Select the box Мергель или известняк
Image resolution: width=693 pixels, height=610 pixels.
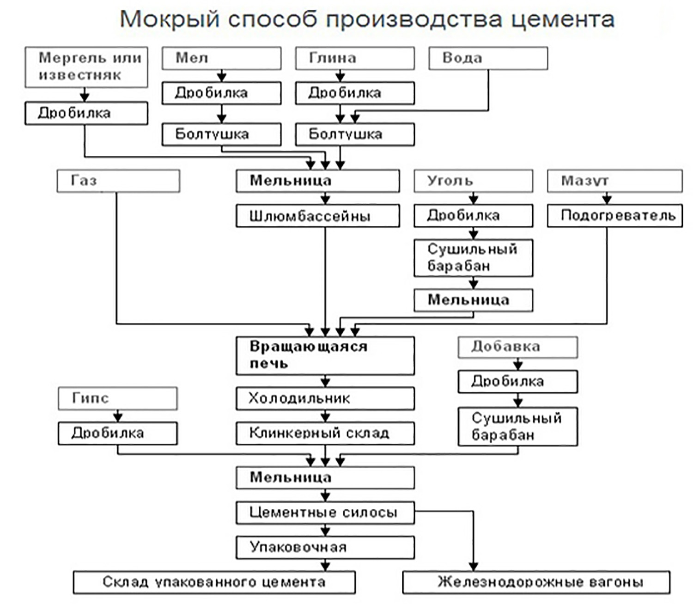coord(86,67)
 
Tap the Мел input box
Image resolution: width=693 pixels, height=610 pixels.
coord(221,58)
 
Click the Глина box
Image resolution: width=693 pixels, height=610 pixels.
coord(355,58)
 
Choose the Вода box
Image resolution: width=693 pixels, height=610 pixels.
coord(488,58)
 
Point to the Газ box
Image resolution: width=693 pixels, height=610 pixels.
coord(118,181)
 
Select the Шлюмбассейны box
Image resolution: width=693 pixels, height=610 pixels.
coord(318,216)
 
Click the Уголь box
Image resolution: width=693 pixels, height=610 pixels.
coord(473,181)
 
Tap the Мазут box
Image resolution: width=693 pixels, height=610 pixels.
coord(614,181)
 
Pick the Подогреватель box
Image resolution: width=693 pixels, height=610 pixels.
coord(614,215)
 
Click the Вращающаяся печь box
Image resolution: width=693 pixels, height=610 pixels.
coord(325,355)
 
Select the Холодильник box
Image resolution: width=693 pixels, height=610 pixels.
coord(325,398)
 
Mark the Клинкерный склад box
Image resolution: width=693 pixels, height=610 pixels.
coord(325,433)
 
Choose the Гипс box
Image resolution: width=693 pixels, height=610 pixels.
coord(118,398)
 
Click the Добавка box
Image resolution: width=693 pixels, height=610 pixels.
coord(517,347)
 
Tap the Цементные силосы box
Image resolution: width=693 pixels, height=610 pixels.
coord(325,512)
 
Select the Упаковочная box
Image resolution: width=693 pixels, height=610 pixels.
coord(325,547)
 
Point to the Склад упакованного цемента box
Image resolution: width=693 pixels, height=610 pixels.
coord(214,582)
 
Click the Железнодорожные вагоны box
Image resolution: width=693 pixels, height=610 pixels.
coord(536,582)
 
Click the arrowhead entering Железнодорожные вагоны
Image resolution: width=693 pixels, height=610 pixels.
coord(473,567)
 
